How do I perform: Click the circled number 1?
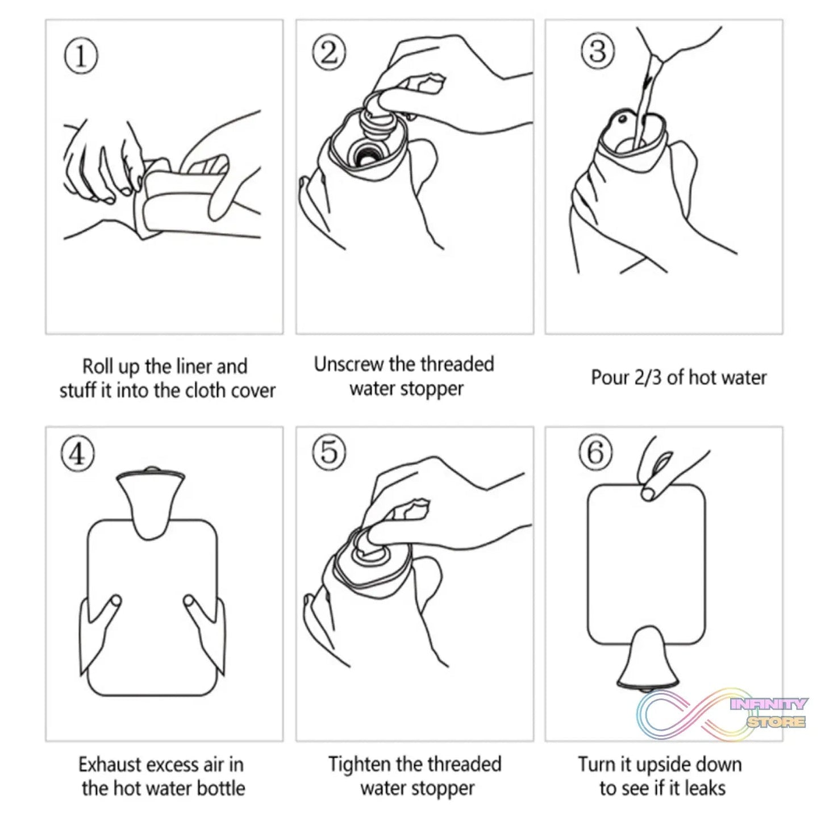click(x=81, y=57)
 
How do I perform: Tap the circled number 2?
click(x=329, y=53)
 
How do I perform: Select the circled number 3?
click(x=598, y=51)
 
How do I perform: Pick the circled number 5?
click(x=330, y=452)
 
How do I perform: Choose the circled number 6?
click(x=595, y=452)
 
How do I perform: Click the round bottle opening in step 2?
click(x=364, y=154)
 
